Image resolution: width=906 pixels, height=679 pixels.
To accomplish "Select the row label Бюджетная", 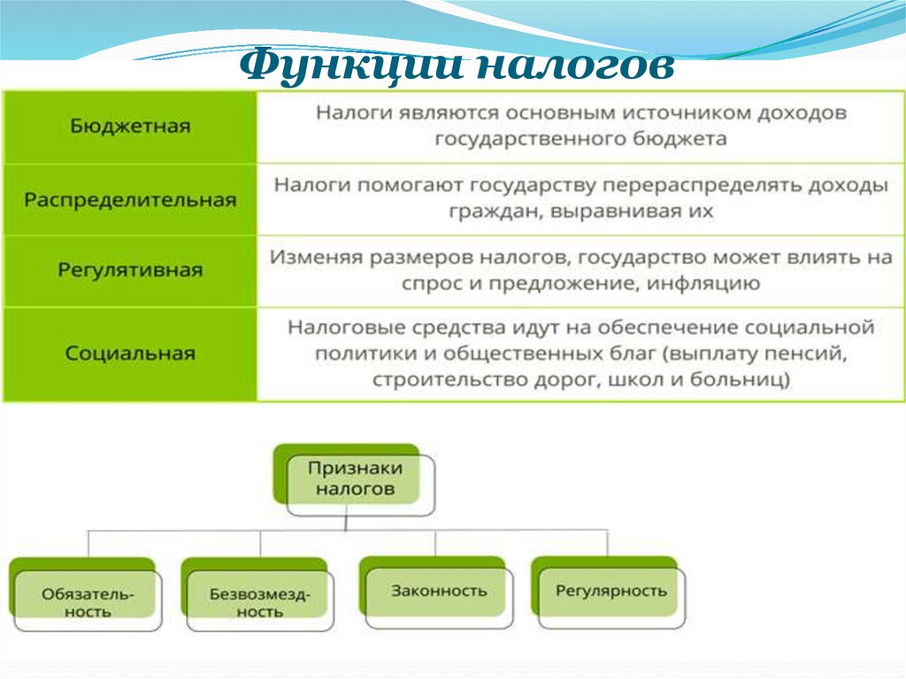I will click(x=130, y=126).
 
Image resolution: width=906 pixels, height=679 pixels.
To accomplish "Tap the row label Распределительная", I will click(x=130, y=199).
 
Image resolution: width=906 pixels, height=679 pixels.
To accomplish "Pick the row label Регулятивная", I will click(x=130, y=270).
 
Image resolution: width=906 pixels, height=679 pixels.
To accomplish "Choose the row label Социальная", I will click(x=130, y=353).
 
